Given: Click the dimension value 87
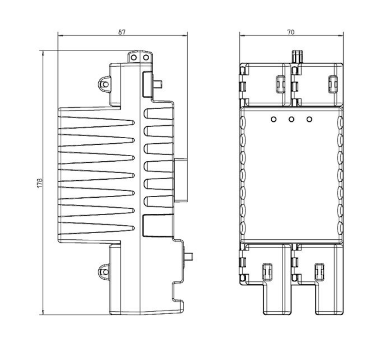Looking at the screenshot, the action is click(x=122, y=32).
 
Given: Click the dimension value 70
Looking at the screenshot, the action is click(x=291, y=32).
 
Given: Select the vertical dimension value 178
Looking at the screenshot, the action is click(x=40, y=183).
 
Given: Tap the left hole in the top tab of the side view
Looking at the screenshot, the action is click(x=134, y=57).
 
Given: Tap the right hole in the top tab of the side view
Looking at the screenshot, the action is click(x=146, y=57).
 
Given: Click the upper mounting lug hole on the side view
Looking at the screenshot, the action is click(x=106, y=84).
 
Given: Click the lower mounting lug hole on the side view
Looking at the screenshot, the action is click(x=105, y=272).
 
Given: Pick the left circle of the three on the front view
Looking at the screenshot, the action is click(x=273, y=119).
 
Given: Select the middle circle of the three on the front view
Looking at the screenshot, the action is click(x=291, y=119).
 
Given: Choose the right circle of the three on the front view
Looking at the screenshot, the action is click(x=309, y=119).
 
